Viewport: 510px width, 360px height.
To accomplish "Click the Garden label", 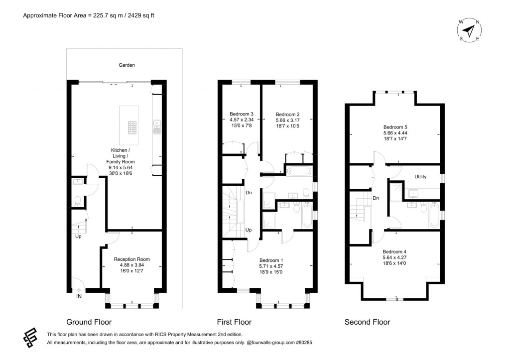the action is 127,65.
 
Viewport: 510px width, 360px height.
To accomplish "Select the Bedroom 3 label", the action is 242,114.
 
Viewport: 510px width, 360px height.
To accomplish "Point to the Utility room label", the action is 420,177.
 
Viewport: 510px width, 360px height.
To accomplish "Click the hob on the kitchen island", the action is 132,127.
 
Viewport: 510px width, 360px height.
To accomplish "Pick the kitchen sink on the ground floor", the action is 157,127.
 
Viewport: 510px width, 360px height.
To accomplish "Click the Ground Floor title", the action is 89,322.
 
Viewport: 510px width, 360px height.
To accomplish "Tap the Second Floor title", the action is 367,322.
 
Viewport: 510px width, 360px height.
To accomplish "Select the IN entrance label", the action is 79,296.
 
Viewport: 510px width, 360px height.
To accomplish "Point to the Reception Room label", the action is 131,259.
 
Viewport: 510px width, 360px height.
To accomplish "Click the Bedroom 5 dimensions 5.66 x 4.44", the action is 395,132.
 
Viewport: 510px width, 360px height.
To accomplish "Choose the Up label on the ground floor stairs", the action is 78,236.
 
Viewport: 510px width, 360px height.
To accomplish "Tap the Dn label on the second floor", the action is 376,198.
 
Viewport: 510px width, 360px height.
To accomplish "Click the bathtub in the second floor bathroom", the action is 434,215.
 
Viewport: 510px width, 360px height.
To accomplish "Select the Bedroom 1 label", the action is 271,260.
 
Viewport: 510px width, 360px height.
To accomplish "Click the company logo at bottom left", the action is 30,338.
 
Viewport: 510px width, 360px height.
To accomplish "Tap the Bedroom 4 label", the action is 394,252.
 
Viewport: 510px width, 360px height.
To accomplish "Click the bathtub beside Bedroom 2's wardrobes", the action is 299,170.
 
